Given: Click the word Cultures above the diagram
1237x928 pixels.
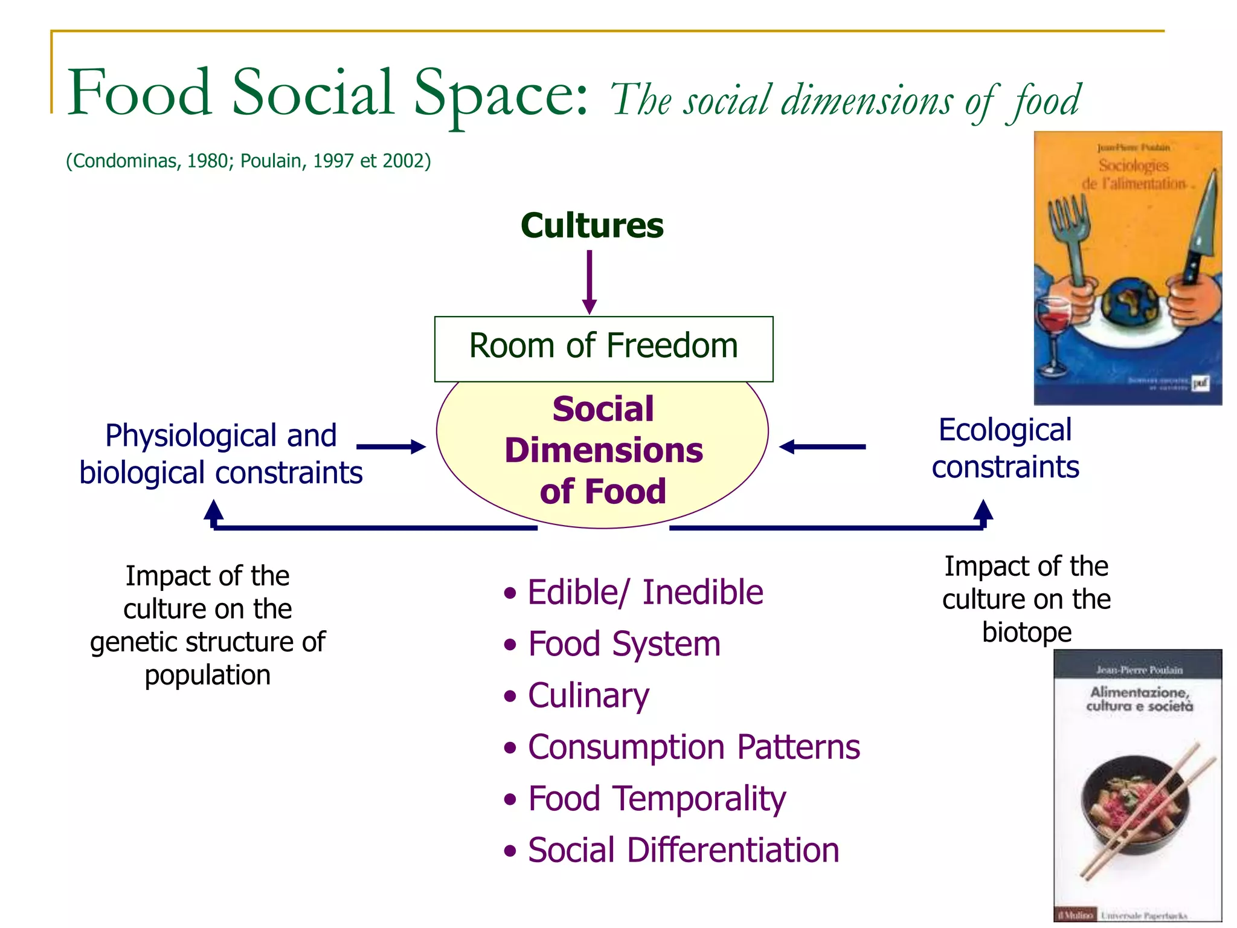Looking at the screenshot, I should (592, 225).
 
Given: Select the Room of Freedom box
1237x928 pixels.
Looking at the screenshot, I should (603, 348).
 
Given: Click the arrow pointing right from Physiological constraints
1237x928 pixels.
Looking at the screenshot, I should (391, 446).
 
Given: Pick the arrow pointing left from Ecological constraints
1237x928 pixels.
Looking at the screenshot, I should (822, 446).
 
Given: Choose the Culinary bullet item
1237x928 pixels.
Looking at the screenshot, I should (588, 695).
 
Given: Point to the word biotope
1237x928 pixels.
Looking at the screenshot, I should (1027, 632).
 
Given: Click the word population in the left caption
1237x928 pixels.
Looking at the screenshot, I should (207, 675).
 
